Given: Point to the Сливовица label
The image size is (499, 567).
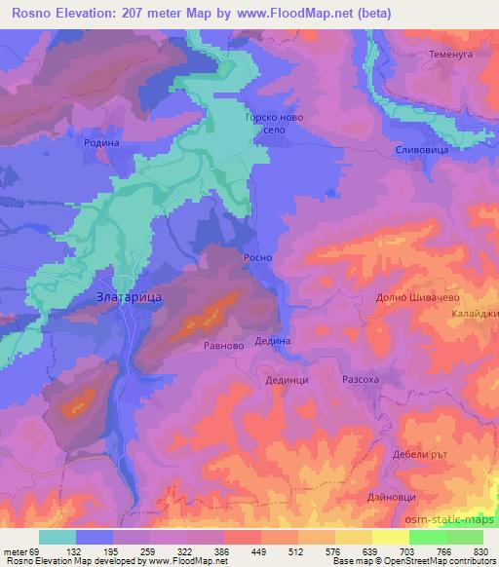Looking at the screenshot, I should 421,151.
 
